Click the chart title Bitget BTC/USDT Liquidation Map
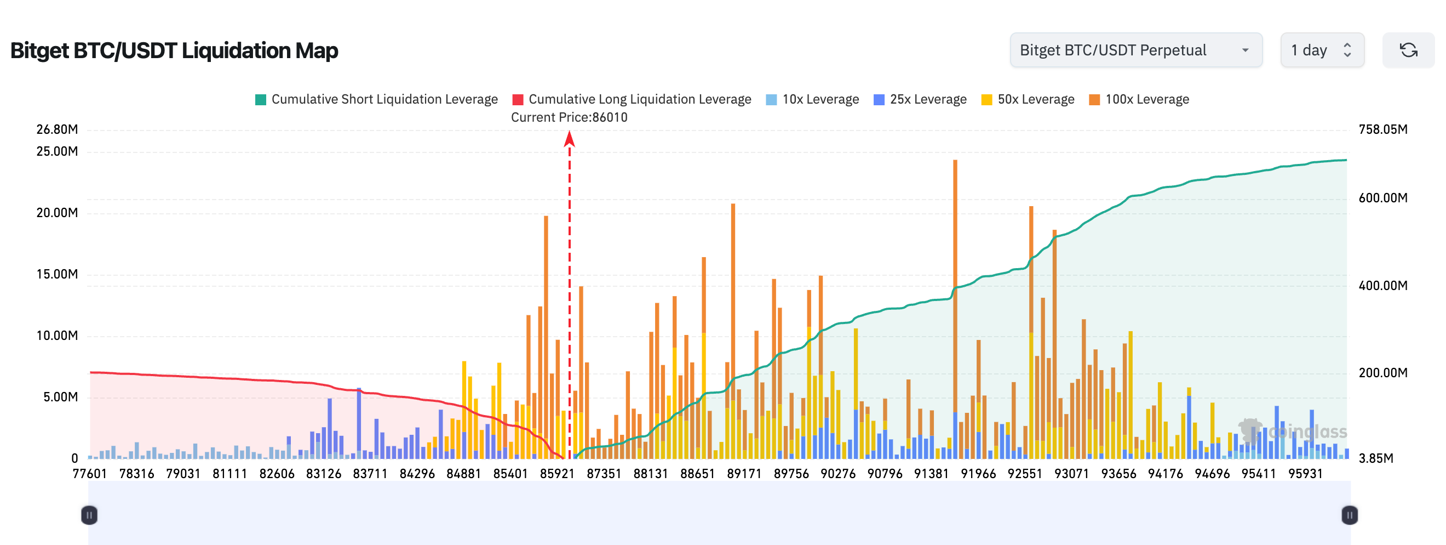tap(174, 50)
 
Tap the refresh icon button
tap(1408, 50)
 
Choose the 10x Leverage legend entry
tap(812, 99)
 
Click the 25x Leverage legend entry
tap(920, 99)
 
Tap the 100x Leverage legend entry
tap(1139, 99)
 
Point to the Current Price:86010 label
tap(569, 117)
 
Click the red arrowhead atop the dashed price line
tap(569, 138)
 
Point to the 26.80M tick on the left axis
tap(57, 129)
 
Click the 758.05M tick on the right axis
tap(1382, 129)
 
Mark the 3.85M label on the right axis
tap(1375, 458)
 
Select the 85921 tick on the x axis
tap(557, 474)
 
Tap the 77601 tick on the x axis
tap(90, 474)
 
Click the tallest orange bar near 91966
tap(955, 281)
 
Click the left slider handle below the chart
tap(89, 515)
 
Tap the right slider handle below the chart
tap(1350, 515)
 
